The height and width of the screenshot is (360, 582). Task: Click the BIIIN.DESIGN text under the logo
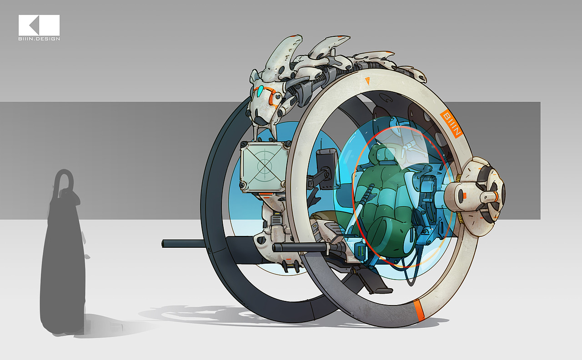point(39,39)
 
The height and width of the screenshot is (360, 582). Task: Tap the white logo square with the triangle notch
point(39,25)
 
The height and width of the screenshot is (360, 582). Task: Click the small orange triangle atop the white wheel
point(367,80)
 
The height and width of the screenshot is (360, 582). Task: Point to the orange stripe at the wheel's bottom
point(419,310)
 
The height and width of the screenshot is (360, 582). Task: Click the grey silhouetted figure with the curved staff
point(63,252)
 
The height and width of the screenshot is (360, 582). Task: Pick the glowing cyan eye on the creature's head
point(260,91)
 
